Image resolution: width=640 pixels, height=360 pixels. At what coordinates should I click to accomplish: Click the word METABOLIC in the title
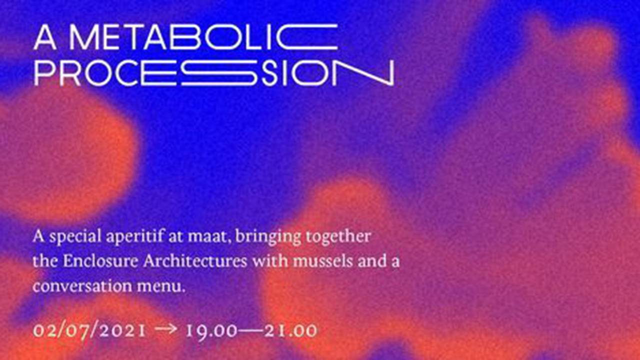tap(203, 37)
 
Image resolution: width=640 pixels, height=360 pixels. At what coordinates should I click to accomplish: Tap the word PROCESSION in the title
tap(214, 72)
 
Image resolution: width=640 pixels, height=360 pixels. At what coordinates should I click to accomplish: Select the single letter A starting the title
tap(45, 37)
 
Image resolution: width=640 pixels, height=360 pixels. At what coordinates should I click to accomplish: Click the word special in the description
tap(75, 237)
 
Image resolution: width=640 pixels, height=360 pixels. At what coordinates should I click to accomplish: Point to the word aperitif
tap(135, 237)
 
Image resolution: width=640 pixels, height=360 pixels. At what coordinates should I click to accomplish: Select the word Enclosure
tap(101, 261)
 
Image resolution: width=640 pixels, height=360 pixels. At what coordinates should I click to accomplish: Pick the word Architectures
tap(195, 261)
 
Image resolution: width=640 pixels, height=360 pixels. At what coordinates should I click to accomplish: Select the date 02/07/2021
tap(89, 331)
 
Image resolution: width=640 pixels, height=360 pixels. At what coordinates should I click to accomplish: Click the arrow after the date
tap(165, 329)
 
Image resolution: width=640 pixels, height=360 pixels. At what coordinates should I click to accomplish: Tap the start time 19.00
tap(211, 331)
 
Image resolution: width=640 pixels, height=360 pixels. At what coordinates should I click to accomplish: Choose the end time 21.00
tap(291, 331)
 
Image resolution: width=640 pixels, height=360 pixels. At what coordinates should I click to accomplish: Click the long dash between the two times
tap(251, 331)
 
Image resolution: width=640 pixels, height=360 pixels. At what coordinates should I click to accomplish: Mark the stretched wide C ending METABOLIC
tap(307, 37)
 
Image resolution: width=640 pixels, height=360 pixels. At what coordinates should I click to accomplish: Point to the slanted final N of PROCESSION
tap(365, 72)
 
